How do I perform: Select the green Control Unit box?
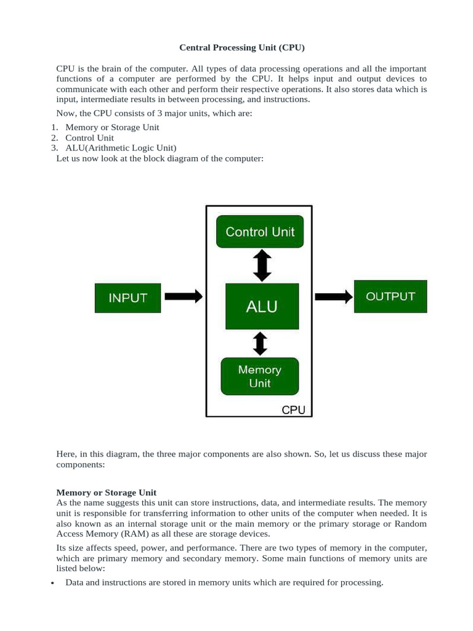(260, 232)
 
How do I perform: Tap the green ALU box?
(262, 306)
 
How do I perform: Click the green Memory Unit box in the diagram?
(259, 376)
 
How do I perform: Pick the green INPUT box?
(127, 297)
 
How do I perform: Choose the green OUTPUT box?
(390, 296)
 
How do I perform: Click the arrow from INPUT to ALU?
(184, 296)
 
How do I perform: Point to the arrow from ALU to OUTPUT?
(334, 296)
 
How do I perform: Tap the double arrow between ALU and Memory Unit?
(260, 343)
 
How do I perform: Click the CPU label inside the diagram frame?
(293, 410)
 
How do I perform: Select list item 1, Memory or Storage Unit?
(112, 128)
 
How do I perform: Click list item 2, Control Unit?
(90, 138)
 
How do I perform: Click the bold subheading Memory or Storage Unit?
(106, 493)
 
